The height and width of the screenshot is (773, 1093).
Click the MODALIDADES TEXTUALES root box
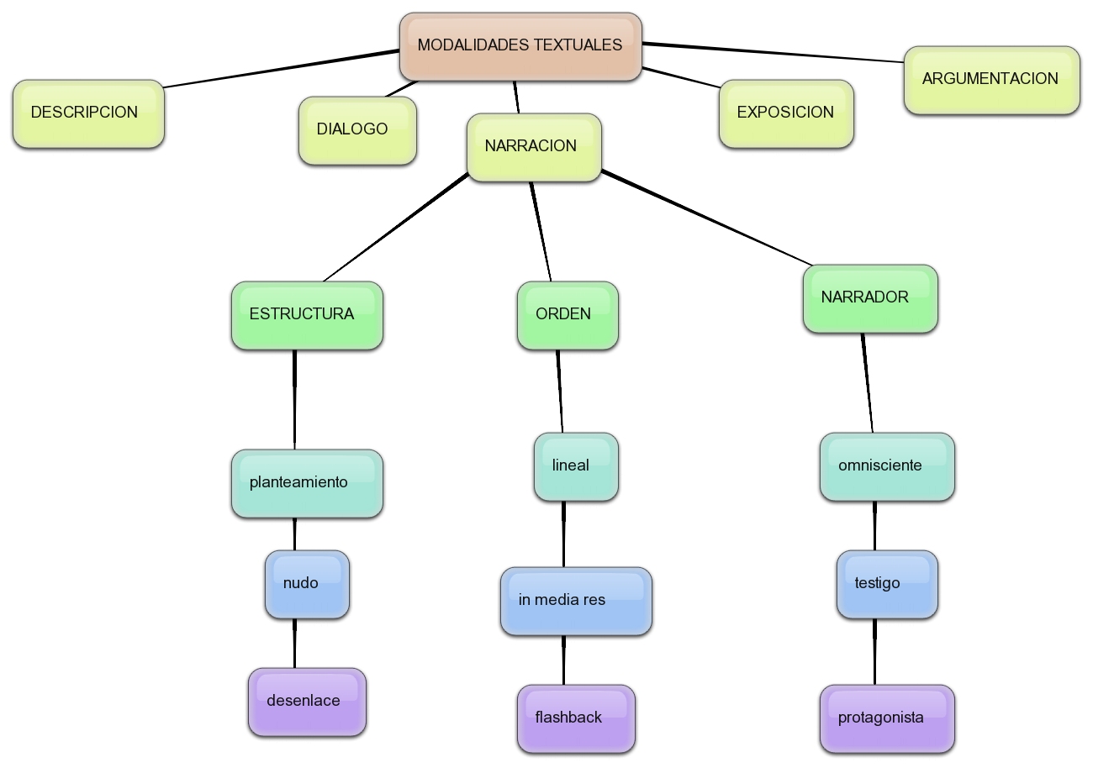point(520,47)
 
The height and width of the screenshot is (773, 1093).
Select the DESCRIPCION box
point(88,114)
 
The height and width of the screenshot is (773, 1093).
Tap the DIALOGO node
point(357,130)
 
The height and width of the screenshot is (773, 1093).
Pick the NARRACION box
point(534,147)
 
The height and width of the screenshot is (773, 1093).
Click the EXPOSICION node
point(786,113)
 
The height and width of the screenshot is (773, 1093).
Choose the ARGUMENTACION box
point(991,80)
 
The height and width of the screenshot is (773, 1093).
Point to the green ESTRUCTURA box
point(307,315)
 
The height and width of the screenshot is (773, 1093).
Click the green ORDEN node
point(568,315)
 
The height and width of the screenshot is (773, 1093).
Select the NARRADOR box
point(870,298)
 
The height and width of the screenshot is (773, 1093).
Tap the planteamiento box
point(307,483)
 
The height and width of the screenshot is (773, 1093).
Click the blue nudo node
point(307,584)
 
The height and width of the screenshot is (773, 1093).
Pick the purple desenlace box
point(307,702)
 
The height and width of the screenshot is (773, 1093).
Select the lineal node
point(576,466)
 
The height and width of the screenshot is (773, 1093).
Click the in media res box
point(576,601)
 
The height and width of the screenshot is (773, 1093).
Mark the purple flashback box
point(576,718)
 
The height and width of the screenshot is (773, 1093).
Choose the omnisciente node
point(887,466)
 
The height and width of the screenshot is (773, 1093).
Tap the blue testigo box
point(887,584)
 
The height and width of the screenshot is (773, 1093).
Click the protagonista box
point(887,718)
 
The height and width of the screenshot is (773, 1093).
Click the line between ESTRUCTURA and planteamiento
point(294,399)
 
